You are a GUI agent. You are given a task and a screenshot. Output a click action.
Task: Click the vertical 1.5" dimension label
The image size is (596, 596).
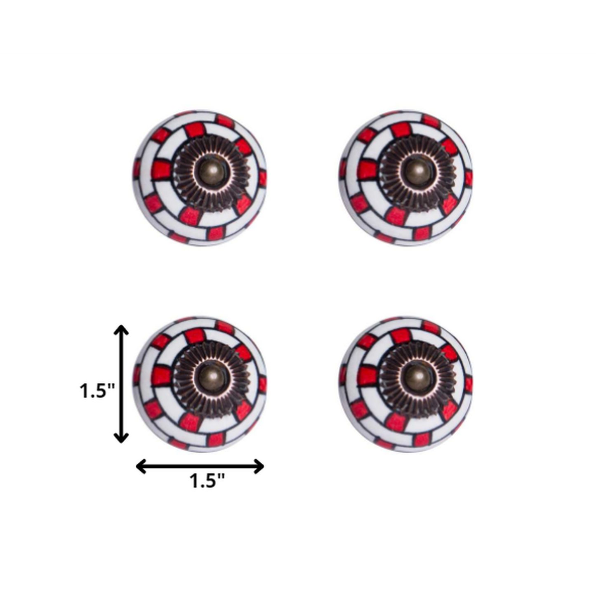coord(97,391)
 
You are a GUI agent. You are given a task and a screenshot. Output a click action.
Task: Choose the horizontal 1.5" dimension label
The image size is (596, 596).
coord(207,481)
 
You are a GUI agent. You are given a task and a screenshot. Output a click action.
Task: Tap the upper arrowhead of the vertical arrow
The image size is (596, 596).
coord(121,330)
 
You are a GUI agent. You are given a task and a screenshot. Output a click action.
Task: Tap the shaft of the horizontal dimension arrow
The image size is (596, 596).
coord(200,466)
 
